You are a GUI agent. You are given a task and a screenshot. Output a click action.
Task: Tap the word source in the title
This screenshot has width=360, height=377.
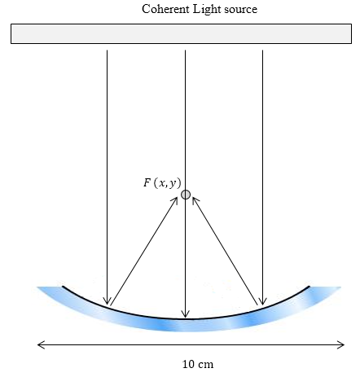pyautogui.click(x=241, y=11)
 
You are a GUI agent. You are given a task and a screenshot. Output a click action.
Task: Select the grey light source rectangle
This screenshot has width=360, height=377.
pyautogui.click(x=181, y=33)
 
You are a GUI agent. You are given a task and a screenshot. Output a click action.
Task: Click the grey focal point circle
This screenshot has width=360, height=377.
pyautogui.click(x=186, y=195)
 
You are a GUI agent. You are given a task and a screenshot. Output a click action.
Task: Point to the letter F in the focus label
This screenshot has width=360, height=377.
pyautogui.click(x=147, y=182)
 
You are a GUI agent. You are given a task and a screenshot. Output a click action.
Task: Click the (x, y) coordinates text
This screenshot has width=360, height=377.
pyautogui.click(x=167, y=183)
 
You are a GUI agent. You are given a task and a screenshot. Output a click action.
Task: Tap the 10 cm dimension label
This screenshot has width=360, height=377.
pyautogui.click(x=198, y=364)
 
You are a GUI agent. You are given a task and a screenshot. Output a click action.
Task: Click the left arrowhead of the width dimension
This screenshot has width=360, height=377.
pyautogui.click(x=41, y=344)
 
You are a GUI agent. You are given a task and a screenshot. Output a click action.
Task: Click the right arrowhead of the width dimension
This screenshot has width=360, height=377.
pyautogui.click(x=341, y=344)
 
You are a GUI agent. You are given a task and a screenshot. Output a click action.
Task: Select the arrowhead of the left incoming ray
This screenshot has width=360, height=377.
pyautogui.click(x=107, y=301)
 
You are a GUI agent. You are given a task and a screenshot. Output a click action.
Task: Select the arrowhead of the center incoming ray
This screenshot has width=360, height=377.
pyautogui.click(x=185, y=314)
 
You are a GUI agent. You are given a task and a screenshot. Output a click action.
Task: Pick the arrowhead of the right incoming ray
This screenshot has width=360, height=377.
pyautogui.click(x=262, y=301)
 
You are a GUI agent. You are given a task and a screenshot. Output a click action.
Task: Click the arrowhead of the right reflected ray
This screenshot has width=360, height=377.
pyautogui.click(x=195, y=200)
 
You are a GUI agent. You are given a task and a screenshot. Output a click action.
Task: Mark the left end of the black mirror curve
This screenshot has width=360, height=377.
pyautogui.click(x=63, y=287)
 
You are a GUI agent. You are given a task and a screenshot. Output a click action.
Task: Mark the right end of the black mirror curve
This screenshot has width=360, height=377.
pyautogui.click(x=309, y=287)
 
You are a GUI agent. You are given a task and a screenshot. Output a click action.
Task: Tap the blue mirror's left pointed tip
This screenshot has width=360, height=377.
pyautogui.click(x=37, y=287)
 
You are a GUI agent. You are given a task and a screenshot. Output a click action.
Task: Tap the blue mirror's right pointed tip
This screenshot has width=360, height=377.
pyautogui.click(x=340, y=287)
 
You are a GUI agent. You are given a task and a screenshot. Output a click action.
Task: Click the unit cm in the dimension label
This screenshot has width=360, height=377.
pyautogui.click(x=206, y=365)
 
